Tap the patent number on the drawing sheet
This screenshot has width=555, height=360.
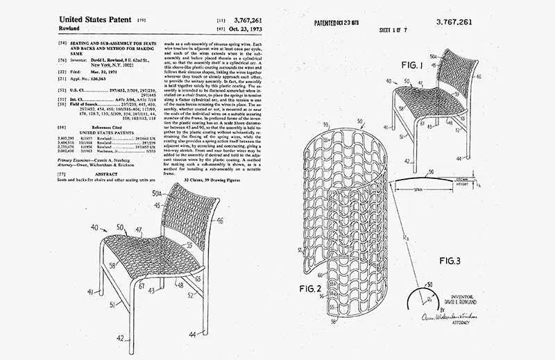pyautogui.click(x=454, y=22)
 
